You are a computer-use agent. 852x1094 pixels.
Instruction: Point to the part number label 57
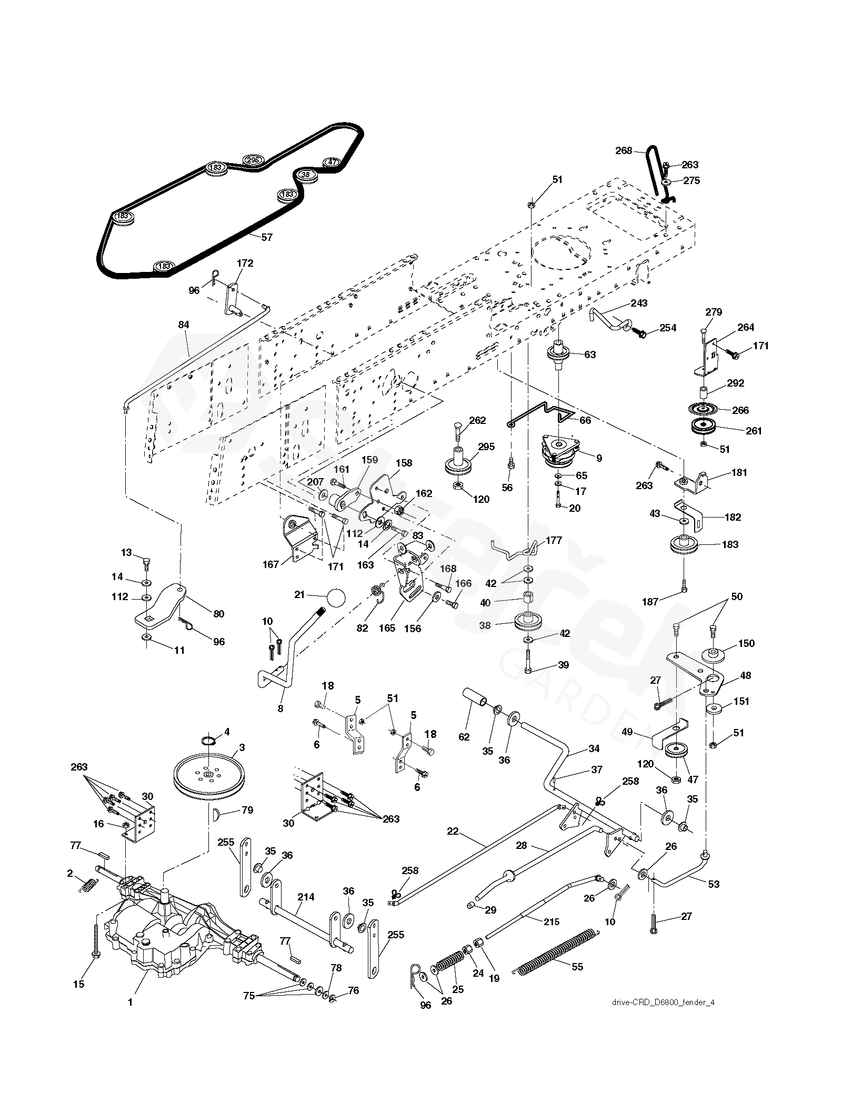pyautogui.click(x=267, y=237)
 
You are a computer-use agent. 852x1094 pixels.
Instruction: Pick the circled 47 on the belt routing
pyautogui.click(x=332, y=162)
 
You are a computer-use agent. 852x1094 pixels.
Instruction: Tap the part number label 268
pyautogui.click(x=624, y=150)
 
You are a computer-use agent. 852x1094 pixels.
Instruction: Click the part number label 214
pyautogui.click(x=306, y=897)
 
